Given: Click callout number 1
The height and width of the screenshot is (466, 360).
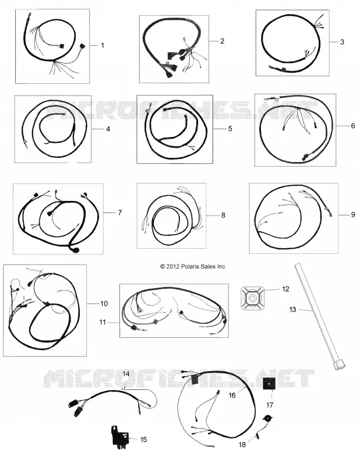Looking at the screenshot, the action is click(103, 45).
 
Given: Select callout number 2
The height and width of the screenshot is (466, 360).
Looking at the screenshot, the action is click(222, 41).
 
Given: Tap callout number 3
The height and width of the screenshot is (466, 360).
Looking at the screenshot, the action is click(342, 42).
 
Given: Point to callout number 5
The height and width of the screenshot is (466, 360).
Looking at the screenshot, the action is click(230, 129).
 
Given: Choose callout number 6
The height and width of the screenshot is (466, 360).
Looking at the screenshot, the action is click(353, 126).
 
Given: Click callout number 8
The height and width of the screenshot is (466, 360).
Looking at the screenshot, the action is click(223, 215).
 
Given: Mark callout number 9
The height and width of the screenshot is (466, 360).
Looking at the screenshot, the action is click(353, 214).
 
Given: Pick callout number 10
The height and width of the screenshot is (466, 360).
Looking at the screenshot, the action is click(104, 303).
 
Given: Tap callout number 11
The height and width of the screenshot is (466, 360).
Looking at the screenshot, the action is click(103, 322).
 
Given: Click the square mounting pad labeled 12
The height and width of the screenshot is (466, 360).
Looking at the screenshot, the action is click(253, 298).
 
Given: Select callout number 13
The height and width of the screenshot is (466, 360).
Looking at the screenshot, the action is click(292, 310).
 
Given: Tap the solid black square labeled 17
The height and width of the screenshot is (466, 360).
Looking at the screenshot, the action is click(269, 384).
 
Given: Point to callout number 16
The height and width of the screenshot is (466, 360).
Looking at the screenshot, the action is click(232, 395).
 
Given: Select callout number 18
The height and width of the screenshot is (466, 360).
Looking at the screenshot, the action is click(242, 444).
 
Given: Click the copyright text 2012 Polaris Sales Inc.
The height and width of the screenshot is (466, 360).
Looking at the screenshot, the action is click(193, 267).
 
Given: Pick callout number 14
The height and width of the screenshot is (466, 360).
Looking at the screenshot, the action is click(126, 374).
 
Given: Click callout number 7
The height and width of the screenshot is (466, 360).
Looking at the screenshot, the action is click(119, 213).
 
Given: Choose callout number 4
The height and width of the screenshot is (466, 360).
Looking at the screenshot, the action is click(108, 129).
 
